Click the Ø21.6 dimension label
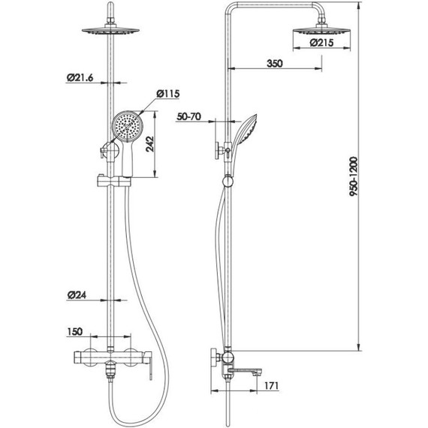(79, 77)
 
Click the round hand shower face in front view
(126, 125)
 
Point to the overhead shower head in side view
(323, 29)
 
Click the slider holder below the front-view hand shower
(113, 179)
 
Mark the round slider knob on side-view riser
(227, 180)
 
